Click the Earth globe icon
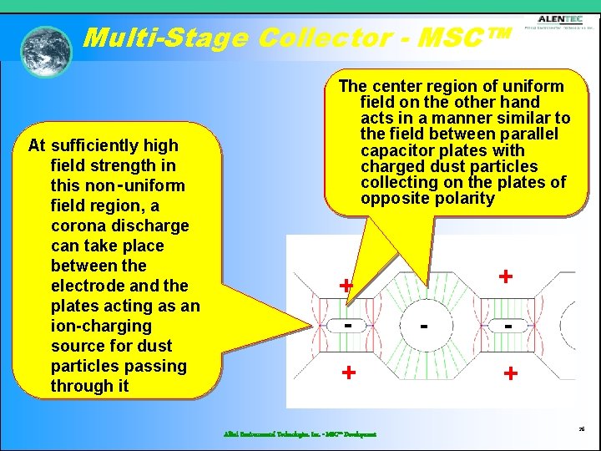tap(47, 51)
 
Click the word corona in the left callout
tap(79, 225)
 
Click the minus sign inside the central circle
tap(425, 324)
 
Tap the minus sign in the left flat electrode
tap(346, 323)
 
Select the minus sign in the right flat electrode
tap(508, 325)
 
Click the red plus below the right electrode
tap(509, 374)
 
